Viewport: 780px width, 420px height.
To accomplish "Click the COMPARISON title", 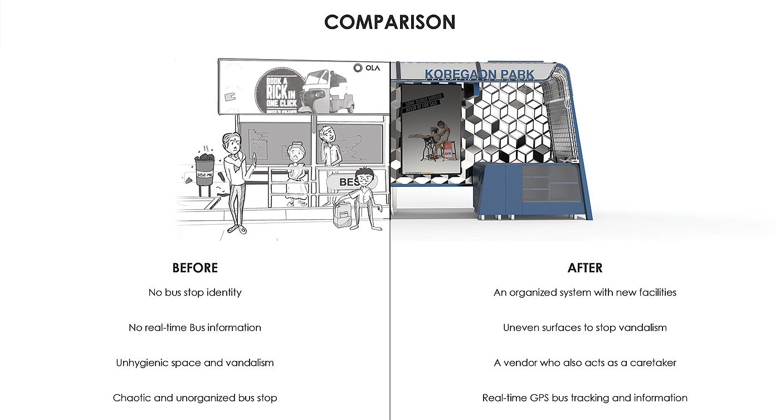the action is point(389,22).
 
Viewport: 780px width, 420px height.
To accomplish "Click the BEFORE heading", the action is point(195,268).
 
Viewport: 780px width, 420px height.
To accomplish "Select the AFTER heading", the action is point(584,268).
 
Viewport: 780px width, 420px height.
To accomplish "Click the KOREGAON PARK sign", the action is point(479,74).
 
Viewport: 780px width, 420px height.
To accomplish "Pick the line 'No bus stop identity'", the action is point(195,292).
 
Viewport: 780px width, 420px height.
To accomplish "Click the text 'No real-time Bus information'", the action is point(195,327).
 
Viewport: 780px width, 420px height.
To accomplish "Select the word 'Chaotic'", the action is point(131,398).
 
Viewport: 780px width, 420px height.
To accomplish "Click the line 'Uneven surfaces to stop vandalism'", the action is point(584,327).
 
